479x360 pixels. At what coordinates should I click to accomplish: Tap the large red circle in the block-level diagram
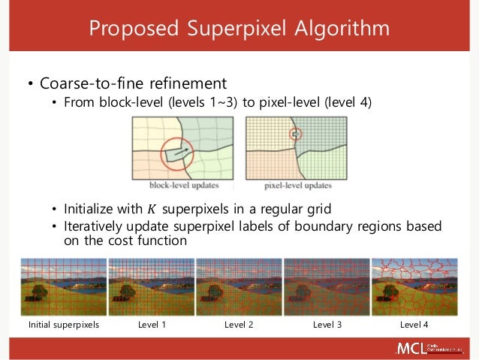(x=176, y=153)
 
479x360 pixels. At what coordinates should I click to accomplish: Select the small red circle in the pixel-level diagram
(x=295, y=135)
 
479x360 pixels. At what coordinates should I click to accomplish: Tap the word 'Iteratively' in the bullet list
(x=95, y=227)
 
